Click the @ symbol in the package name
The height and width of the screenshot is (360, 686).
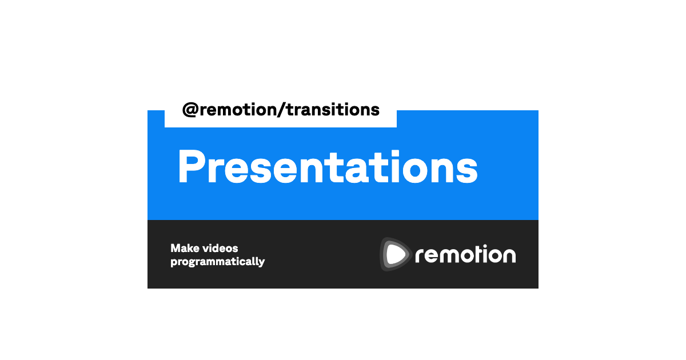(x=190, y=110)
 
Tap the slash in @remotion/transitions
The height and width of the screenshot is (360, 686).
(x=281, y=110)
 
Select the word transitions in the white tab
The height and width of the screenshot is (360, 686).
(x=333, y=109)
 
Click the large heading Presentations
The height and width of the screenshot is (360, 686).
(x=328, y=167)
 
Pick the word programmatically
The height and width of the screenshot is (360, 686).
(x=218, y=262)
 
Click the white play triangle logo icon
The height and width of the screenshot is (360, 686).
(x=396, y=254)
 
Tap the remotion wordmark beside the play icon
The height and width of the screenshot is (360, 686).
(x=465, y=254)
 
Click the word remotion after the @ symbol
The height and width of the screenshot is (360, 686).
(x=238, y=110)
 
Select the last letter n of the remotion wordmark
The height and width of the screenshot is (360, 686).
(x=509, y=255)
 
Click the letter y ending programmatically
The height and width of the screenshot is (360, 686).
(x=261, y=263)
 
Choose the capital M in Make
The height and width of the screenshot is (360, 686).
(x=176, y=248)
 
